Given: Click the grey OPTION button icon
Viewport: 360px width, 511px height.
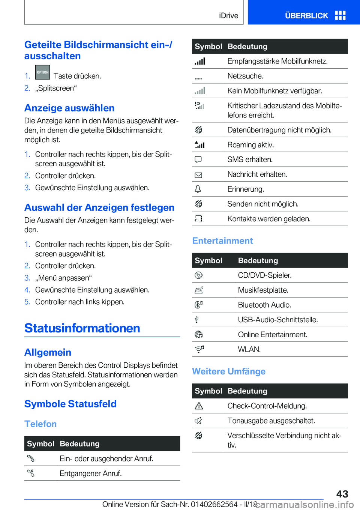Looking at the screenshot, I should (x=42, y=72).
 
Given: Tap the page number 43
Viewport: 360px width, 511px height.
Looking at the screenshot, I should (x=342, y=494).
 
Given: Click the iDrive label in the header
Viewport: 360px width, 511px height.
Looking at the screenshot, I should (x=228, y=15).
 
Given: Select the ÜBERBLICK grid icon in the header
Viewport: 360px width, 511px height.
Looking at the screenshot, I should (x=340, y=15).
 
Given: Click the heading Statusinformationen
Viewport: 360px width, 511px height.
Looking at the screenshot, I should (x=82, y=328).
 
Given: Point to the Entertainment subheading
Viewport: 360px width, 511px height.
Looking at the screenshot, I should (x=222, y=241).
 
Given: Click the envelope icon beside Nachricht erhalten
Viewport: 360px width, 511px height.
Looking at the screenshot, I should (x=198, y=175).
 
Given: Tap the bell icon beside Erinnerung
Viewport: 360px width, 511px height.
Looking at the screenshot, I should (x=198, y=189).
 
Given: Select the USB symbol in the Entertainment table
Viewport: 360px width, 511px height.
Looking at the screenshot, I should (x=196, y=320).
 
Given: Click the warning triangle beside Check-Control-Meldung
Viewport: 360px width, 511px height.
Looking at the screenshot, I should (x=199, y=406).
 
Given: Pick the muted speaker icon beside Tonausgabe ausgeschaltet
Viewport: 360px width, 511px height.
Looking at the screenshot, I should (x=198, y=421).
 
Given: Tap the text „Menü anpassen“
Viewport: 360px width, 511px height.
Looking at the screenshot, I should (x=63, y=278).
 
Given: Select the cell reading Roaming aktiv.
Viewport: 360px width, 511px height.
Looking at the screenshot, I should (x=250, y=145).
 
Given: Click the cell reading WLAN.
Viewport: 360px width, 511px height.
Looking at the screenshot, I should (x=249, y=349).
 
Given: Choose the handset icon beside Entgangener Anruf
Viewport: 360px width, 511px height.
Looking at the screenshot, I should (x=31, y=473).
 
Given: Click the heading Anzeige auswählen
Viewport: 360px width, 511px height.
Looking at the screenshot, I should (x=69, y=108).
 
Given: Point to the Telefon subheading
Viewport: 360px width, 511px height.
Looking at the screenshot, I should (x=40, y=424).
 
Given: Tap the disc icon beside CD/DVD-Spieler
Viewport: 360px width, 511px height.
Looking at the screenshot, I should (x=198, y=275).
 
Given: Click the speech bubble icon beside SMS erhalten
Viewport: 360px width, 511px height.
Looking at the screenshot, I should (x=198, y=159).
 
